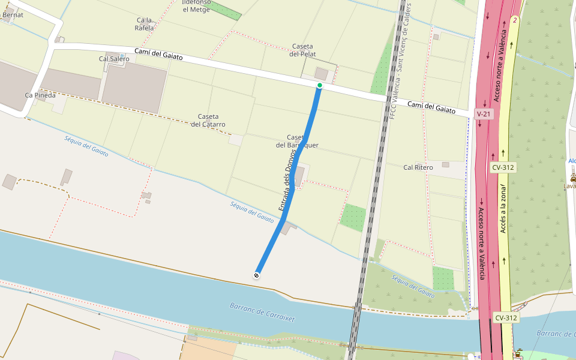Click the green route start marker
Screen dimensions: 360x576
point(320,86)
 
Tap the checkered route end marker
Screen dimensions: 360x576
point(257,275)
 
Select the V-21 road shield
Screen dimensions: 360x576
point(483,113)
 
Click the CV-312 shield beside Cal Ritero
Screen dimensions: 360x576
point(503,167)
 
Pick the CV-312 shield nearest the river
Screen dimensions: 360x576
point(506,317)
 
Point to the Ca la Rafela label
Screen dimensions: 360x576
point(145,24)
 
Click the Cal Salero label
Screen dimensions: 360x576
point(114,59)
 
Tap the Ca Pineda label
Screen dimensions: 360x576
point(40,95)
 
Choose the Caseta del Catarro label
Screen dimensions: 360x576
point(208,120)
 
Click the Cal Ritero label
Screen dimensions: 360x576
point(418,167)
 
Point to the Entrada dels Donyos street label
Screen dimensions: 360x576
point(287,180)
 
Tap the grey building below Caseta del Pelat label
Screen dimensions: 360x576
point(322,73)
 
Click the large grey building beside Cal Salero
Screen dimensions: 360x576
point(134,87)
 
